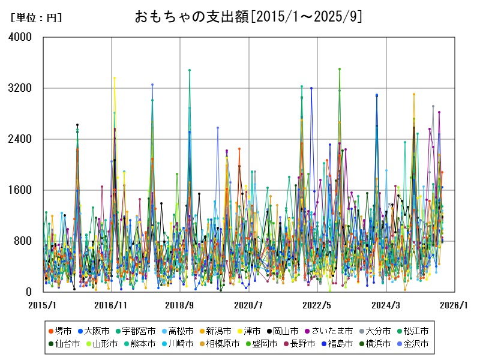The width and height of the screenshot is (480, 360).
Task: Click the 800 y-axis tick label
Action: (x=25, y=241)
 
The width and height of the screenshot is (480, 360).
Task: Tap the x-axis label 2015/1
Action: (x=43, y=305)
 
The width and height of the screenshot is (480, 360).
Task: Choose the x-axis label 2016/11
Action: (x=110, y=305)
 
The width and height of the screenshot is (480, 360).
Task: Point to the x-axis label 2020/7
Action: (x=248, y=305)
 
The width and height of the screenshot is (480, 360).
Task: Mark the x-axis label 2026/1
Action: (x=454, y=305)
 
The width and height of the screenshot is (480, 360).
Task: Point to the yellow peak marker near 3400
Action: (x=115, y=78)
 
